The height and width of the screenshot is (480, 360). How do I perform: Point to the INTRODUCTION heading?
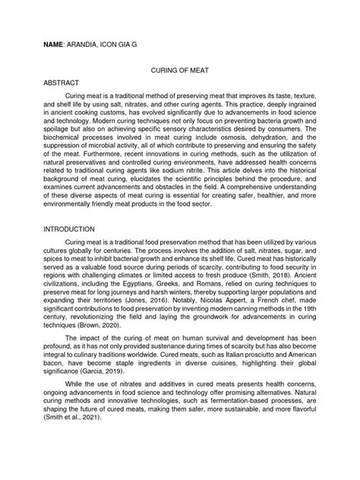69,229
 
